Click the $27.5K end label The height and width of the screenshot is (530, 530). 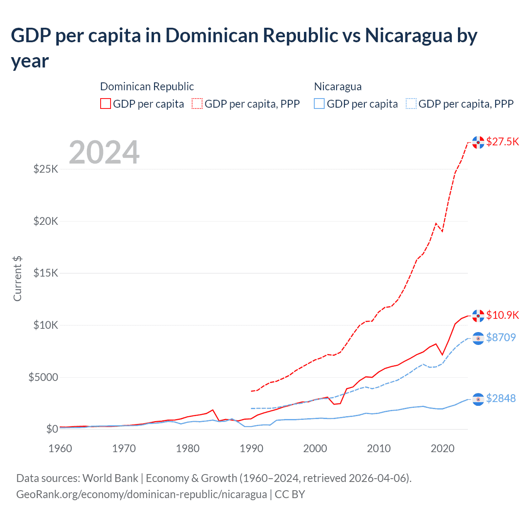502,142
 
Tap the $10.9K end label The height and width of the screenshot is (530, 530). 502,315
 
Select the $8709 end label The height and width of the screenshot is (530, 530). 501,337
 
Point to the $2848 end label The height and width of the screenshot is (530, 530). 501,398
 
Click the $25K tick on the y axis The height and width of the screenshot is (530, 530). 46,169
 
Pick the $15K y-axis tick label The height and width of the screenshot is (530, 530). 46,273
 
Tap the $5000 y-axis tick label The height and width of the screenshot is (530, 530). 43,377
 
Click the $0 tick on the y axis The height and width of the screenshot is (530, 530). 52,429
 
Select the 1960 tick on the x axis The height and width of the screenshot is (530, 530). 60,448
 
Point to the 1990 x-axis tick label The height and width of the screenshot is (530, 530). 251,448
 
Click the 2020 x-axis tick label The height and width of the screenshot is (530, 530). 443,448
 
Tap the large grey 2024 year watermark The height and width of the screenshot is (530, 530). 104,152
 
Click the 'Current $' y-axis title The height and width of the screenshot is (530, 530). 17,279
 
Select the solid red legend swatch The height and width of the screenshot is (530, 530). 106,104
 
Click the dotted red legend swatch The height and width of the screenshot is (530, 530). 197,104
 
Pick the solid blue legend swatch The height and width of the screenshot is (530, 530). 319,104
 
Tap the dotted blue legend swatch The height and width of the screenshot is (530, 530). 411,104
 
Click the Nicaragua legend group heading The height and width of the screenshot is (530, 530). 338,87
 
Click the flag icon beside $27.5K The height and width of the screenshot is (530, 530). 478,142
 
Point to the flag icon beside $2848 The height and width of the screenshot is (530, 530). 478,399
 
